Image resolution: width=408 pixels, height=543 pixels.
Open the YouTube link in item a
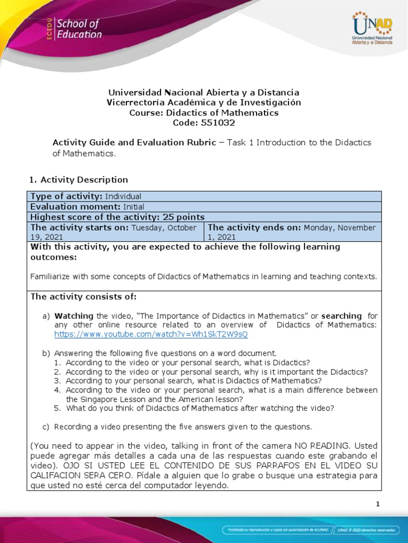(151, 335)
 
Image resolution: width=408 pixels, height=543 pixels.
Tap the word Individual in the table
(123, 196)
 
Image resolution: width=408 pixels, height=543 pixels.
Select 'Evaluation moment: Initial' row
(87, 207)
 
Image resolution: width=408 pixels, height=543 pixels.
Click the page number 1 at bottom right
(377, 504)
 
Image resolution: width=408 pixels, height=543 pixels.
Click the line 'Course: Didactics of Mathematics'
(204, 112)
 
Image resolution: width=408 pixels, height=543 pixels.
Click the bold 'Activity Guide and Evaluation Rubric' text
(134, 143)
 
